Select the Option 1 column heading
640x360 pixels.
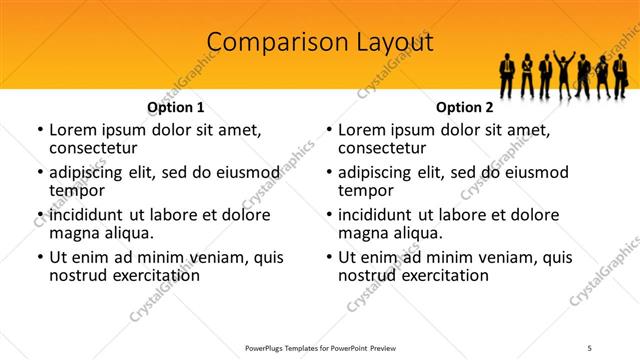pyautogui.click(x=175, y=107)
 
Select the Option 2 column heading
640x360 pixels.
pyautogui.click(x=464, y=107)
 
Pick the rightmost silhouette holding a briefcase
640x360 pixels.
pyautogui.click(x=620, y=76)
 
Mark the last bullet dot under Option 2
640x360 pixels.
pyautogui.click(x=329, y=257)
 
